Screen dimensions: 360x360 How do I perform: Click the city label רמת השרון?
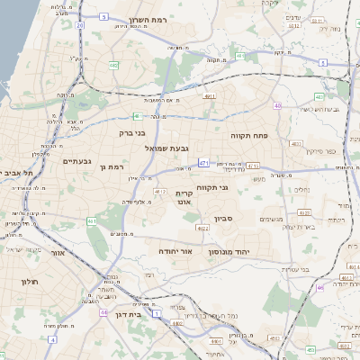point(149,18)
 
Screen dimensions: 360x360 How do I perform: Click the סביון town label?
point(224,219)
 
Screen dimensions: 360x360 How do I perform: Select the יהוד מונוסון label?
point(242,253)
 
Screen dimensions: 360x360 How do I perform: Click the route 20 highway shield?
point(79,25)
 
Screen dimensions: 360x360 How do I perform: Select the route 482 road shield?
point(113,65)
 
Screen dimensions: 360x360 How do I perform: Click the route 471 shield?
point(205,163)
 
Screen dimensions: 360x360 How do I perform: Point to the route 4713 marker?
point(253,166)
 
